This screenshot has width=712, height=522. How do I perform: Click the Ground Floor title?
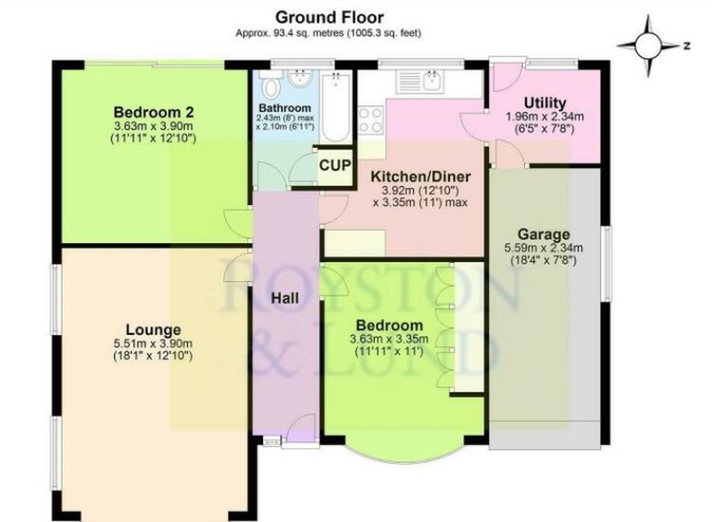[x=329, y=17]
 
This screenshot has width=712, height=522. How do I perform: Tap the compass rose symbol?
[x=648, y=46]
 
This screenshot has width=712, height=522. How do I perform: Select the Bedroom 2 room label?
[x=154, y=112]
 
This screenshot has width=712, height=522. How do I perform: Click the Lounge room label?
[x=153, y=329]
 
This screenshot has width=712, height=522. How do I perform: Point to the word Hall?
[x=285, y=298]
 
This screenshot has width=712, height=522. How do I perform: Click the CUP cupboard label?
[x=335, y=165]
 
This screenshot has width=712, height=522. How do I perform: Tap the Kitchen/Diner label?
[x=421, y=177]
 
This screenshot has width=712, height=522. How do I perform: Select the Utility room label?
[x=545, y=103]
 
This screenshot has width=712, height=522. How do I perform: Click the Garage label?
[x=544, y=234]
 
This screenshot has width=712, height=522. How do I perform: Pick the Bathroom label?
[x=285, y=108]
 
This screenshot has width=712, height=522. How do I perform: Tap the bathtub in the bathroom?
[x=335, y=107]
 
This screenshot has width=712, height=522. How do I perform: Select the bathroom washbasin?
[x=299, y=79]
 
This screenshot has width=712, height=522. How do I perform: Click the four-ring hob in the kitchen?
[x=370, y=121]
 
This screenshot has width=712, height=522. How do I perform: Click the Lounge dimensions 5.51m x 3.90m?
[x=153, y=344]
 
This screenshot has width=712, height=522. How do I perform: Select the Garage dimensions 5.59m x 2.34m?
[x=544, y=248]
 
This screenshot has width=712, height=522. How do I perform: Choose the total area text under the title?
[x=328, y=33]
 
